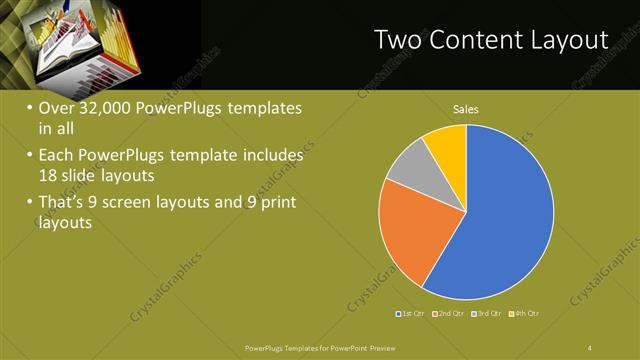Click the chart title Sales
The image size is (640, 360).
click(466, 108)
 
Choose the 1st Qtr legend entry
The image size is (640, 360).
click(413, 314)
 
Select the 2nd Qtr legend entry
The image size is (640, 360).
click(450, 314)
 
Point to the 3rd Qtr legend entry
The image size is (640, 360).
click(487, 314)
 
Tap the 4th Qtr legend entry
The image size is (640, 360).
click(524, 314)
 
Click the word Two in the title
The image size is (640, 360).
click(397, 40)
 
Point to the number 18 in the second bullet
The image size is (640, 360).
click(49, 174)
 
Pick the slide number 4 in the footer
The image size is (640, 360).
click(590, 347)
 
